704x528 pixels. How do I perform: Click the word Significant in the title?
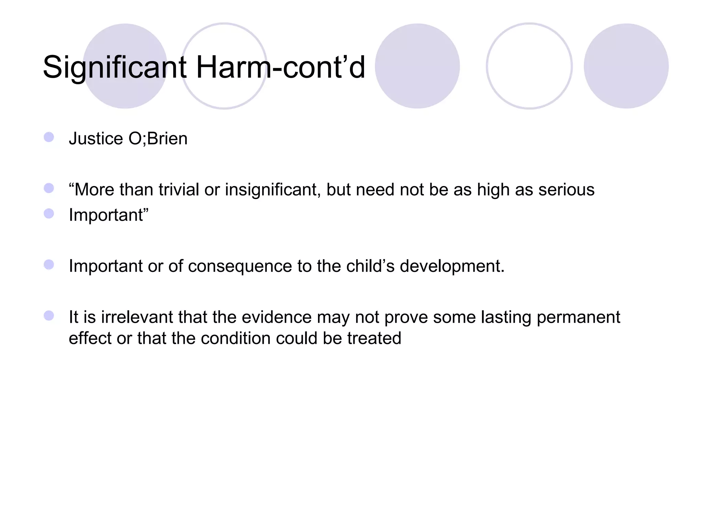tap(115, 67)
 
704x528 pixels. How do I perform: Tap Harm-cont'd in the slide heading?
tap(280, 67)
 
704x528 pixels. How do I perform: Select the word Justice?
tap(96, 139)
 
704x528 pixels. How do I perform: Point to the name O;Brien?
tap(158, 139)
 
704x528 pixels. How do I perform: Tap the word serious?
tap(566, 189)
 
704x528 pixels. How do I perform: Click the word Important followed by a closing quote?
tap(109, 215)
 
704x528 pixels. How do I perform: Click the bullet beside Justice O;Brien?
tap(49, 137)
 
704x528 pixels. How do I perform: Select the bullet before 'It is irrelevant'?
tap(49, 316)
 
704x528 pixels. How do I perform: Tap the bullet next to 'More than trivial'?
tap(49, 188)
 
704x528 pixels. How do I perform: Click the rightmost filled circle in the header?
tap(626, 66)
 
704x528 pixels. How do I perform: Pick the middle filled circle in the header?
tap(417, 66)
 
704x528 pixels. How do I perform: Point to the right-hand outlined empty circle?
tap(529, 66)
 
